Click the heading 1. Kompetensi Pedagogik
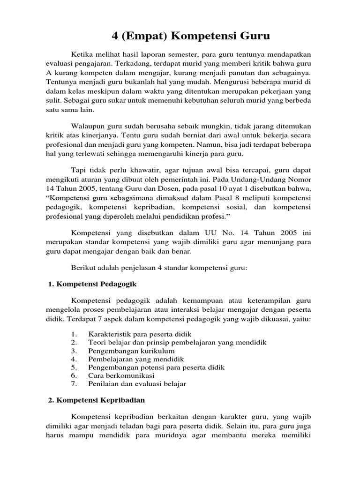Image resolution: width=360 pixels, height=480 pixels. [92, 284]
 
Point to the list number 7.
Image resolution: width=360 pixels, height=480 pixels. [74, 384]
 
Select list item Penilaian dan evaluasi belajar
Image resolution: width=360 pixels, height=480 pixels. [137, 384]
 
